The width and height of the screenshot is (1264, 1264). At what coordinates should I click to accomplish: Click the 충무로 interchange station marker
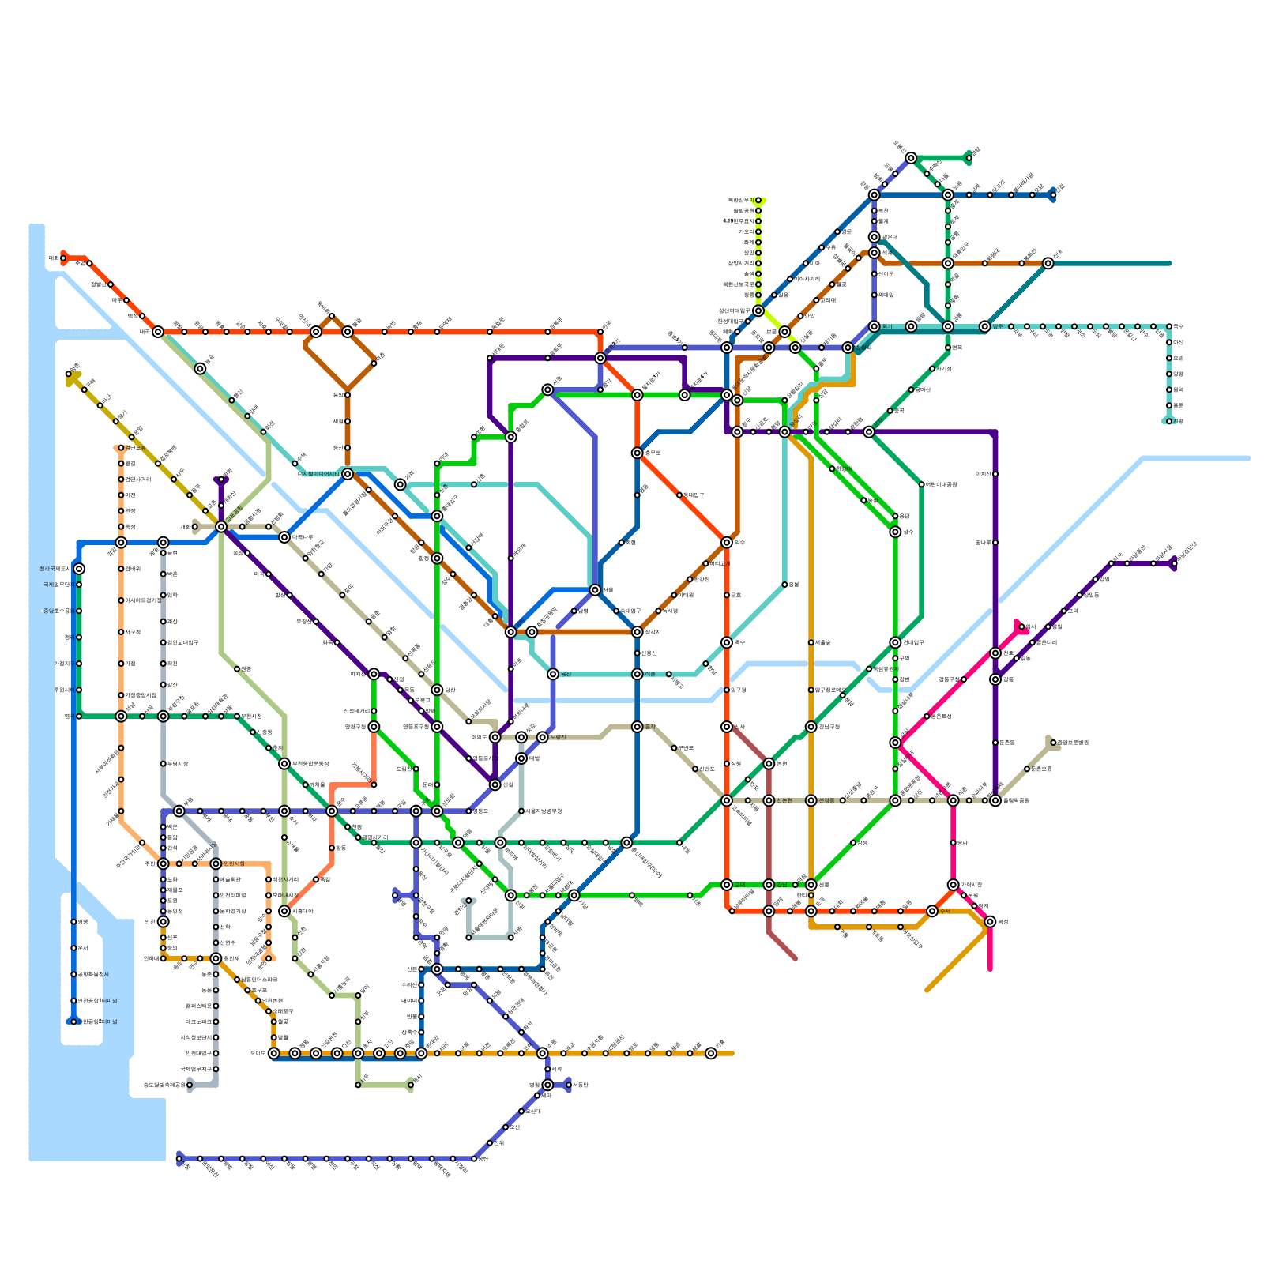pyautogui.click(x=637, y=453)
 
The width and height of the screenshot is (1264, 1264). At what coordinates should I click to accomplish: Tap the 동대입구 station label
pyautogui.click(x=694, y=495)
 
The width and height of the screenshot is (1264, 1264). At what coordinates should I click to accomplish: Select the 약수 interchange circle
pyautogui.click(x=727, y=543)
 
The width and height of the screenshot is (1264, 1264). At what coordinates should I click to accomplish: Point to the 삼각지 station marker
pyautogui.click(x=637, y=632)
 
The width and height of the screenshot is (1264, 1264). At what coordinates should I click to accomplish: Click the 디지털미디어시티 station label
pyautogui.click(x=318, y=474)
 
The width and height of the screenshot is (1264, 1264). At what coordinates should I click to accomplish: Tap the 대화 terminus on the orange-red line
pyautogui.click(x=63, y=258)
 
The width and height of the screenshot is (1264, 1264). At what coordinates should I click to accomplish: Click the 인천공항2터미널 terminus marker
pyautogui.click(x=73, y=1021)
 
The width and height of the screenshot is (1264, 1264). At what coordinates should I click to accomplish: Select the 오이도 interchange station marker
pyautogui.click(x=273, y=1053)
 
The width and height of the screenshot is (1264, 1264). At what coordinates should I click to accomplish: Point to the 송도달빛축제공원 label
pyautogui.click(x=164, y=1085)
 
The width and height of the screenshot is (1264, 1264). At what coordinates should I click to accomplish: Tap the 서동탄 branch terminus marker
pyautogui.click(x=569, y=1085)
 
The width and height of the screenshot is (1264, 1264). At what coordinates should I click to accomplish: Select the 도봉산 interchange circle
pyautogui.click(x=911, y=158)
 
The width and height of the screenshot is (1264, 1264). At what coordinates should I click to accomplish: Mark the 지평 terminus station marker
pyautogui.click(x=1169, y=421)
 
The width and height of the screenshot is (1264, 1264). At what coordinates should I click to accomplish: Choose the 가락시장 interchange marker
pyautogui.click(x=954, y=885)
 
